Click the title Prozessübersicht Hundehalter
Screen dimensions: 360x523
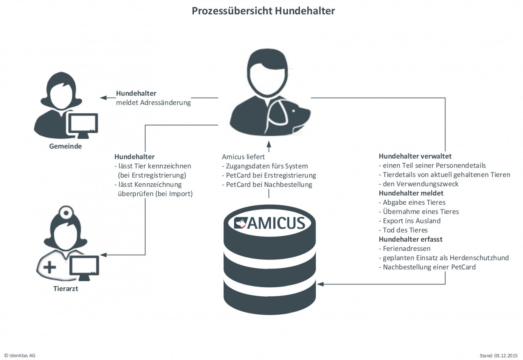coord(263,11)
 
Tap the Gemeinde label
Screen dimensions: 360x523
coord(65,146)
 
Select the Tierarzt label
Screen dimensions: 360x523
coord(65,289)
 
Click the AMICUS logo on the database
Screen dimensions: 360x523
coord(270,223)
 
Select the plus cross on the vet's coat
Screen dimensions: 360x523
coord(49,268)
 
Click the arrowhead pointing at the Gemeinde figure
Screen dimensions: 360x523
coord(103,98)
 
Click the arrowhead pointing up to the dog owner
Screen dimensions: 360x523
coord(269,143)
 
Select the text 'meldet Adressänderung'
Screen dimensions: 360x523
coord(153,103)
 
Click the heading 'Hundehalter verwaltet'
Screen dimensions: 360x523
coord(415,157)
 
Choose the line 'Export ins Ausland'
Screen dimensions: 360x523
coord(409,221)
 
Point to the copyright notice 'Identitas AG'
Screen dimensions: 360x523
coord(20,356)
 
